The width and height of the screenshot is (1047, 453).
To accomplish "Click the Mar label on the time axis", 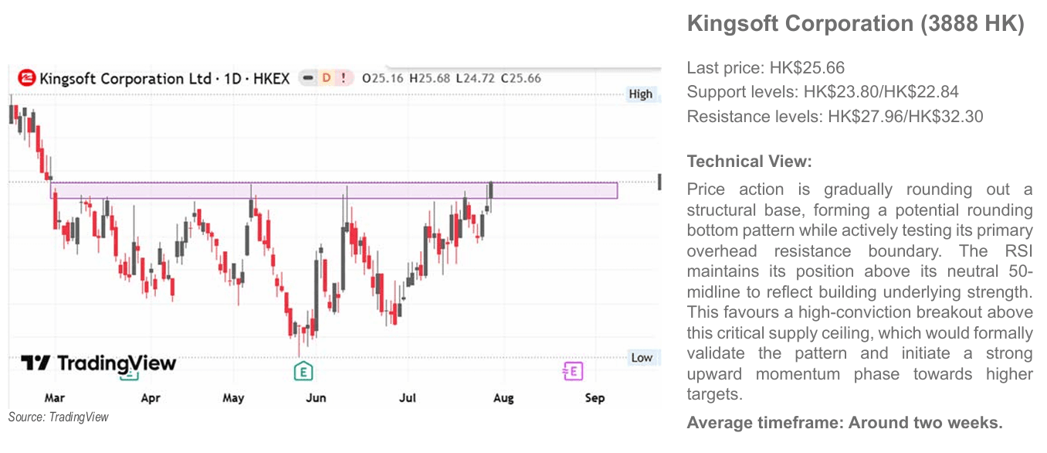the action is tap(54, 398).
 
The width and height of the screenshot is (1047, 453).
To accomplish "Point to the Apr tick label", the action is tap(151, 398).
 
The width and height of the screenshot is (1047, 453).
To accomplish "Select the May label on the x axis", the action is tap(232, 398).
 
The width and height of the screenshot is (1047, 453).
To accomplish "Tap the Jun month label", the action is tap(316, 398).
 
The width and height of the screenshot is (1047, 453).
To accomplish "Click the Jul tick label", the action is tap(407, 398).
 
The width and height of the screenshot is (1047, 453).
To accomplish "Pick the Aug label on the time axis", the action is tap(503, 398).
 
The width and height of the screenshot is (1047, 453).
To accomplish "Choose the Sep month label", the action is tap(595, 398).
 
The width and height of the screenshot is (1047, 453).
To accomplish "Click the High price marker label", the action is tap(640, 94).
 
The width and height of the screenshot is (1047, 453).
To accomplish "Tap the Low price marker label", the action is tap(642, 358).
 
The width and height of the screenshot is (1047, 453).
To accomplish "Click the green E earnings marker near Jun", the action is tap(303, 372).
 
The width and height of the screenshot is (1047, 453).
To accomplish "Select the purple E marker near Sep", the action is tap(573, 372).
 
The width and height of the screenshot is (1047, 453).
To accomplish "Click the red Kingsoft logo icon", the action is tap(27, 77).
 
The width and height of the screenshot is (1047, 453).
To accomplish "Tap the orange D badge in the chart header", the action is tap(327, 77).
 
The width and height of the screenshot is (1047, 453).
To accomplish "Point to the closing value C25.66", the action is tap(520, 78).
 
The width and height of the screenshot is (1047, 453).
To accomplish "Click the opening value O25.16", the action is tap(382, 78).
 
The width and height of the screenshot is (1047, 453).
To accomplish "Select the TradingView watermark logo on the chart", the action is tap(98, 363).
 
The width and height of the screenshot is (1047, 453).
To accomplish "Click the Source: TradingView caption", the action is tap(58, 417).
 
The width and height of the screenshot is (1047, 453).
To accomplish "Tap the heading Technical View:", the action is tap(749, 162).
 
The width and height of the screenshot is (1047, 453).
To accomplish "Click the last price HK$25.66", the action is tap(807, 68).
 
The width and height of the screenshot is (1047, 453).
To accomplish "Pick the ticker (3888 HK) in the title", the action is tap(973, 23).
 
